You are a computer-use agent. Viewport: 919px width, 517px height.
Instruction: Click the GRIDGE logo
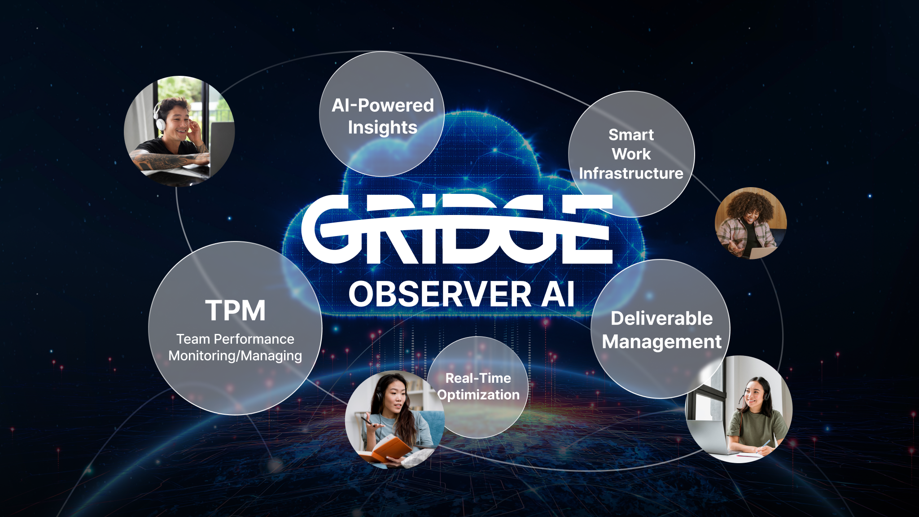[x=457, y=229]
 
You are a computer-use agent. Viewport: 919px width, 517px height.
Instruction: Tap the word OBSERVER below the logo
[x=440, y=294]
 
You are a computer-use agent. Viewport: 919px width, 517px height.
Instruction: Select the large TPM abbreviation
[x=236, y=311]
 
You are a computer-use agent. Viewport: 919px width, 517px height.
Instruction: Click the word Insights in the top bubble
[x=383, y=128]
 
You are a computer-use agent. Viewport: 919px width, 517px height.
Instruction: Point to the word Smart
[x=631, y=135]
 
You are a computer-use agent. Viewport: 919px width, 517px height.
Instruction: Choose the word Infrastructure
[x=631, y=173]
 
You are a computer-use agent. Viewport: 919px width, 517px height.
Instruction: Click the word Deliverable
[x=661, y=318]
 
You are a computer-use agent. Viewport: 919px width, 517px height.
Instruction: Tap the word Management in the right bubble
[x=661, y=342]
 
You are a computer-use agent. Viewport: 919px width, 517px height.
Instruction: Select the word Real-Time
[x=478, y=378]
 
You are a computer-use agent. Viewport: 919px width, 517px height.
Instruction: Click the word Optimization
[x=478, y=395]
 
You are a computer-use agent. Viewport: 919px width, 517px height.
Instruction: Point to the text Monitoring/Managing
[x=235, y=356]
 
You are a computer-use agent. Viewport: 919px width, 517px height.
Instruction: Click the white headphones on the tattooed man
[x=159, y=116]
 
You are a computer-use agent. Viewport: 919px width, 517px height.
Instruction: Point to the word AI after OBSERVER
[x=558, y=294]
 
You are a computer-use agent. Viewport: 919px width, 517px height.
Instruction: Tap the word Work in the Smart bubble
[x=631, y=154]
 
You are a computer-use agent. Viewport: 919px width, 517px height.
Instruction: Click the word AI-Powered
[x=383, y=105]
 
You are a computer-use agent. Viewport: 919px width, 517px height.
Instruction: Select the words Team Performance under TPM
[x=235, y=339]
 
